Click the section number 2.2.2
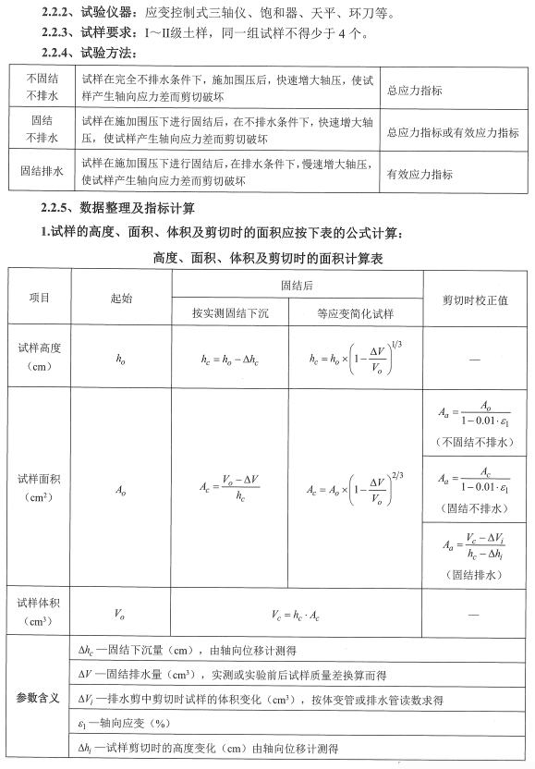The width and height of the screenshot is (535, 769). click(x=58, y=14)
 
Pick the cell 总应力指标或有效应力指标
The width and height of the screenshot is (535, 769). click(x=453, y=133)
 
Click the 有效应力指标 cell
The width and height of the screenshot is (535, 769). click(x=419, y=173)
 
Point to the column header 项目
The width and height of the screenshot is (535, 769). click(x=40, y=299)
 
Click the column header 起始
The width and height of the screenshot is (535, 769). click(x=121, y=299)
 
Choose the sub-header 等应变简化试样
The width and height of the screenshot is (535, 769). click(x=355, y=313)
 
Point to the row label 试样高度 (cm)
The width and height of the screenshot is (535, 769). click(x=40, y=357)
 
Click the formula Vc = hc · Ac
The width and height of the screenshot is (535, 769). click(x=297, y=613)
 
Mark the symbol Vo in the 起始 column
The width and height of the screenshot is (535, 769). click(x=120, y=613)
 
